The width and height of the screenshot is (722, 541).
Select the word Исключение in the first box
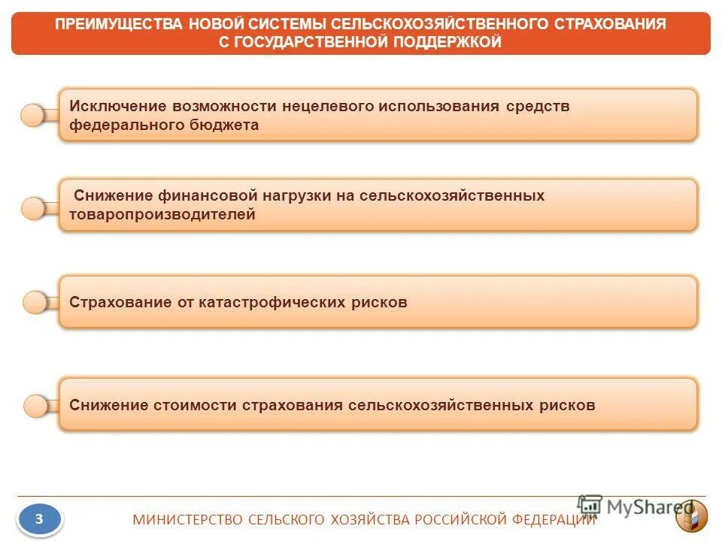point(117,106)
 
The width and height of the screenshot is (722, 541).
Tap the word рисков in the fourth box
point(569,405)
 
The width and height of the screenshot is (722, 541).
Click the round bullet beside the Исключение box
point(33,115)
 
